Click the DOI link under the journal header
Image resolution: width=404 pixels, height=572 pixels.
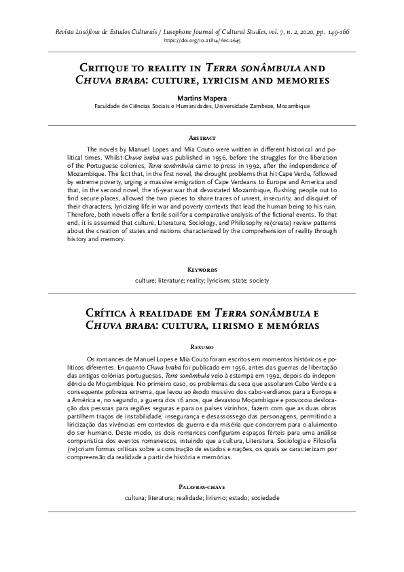point(202,41)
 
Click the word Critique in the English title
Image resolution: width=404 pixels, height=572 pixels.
point(108,69)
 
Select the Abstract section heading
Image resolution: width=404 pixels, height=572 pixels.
point(202,137)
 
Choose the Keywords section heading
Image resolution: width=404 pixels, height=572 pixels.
point(202,270)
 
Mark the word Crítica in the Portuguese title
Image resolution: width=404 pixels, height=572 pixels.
point(109,312)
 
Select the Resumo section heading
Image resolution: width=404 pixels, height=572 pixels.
point(202,346)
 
